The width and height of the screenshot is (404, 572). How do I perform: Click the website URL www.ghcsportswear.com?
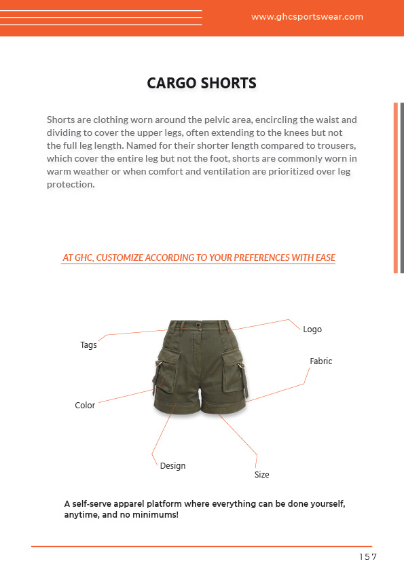click(x=307, y=17)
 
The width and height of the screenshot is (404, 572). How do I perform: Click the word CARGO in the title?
click(x=172, y=84)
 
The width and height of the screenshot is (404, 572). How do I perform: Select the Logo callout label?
click(x=312, y=329)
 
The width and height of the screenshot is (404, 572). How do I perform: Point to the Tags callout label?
click(x=88, y=345)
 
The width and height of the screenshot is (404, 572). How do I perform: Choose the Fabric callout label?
click(x=321, y=361)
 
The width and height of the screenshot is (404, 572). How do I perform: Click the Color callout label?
click(x=85, y=406)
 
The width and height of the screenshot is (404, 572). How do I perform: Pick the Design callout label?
click(x=172, y=466)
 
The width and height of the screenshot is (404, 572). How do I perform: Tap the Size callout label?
click(x=261, y=475)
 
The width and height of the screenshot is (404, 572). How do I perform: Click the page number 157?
click(x=368, y=557)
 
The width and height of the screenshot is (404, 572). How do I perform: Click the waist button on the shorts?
click(x=198, y=325)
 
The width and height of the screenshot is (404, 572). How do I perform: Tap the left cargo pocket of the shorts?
click(x=168, y=372)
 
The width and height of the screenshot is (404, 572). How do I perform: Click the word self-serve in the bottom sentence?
click(x=94, y=504)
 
